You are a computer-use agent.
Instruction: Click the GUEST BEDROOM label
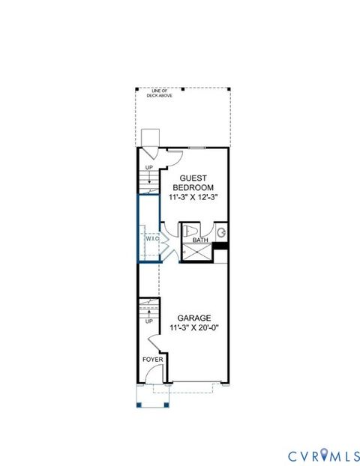[x=193, y=181]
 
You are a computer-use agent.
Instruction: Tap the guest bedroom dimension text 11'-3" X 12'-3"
[x=193, y=198]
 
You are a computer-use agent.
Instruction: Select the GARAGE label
[x=193, y=317]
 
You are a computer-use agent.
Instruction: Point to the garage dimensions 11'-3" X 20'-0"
[x=193, y=327]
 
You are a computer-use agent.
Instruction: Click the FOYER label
[x=153, y=360]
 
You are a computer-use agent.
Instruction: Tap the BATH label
[x=200, y=240]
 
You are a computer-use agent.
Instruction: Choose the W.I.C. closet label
[x=147, y=240]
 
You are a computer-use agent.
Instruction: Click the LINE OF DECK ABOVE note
[x=183, y=94]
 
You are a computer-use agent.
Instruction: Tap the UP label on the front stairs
[x=148, y=321]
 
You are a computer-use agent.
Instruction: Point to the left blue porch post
[x=139, y=405]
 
